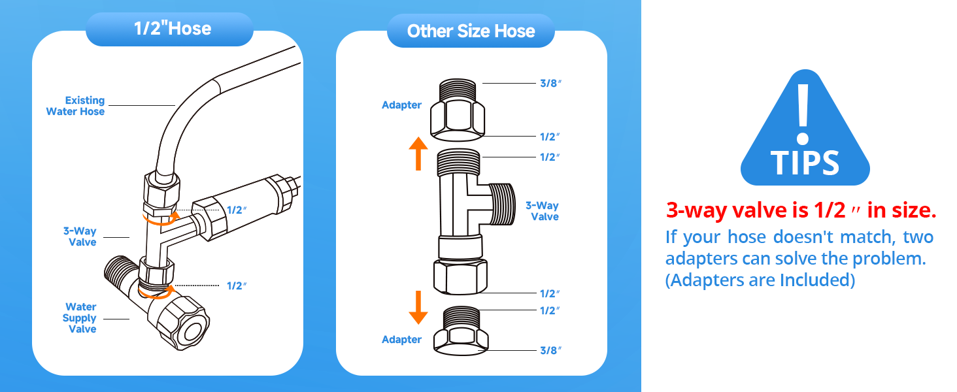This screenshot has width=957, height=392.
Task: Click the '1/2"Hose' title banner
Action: click(x=169, y=29)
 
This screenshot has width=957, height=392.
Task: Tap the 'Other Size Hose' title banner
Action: click(x=471, y=31)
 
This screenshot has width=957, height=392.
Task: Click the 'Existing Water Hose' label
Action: click(x=76, y=106)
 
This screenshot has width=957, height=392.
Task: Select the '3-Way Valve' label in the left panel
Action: click(x=80, y=237)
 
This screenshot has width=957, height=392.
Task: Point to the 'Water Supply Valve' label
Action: click(x=80, y=318)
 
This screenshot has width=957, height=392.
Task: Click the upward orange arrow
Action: click(x=418, y=154)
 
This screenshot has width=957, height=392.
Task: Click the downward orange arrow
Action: click(x=418, y=308)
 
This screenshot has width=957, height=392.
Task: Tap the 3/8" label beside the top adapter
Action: click(x=550, y=83)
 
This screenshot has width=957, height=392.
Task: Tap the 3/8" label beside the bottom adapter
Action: click(x=550, y=351)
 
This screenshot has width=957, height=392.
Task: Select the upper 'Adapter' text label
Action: click(x=401, y=105)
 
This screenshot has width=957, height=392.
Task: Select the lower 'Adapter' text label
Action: click(x=401, y=340)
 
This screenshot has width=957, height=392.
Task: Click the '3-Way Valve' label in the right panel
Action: click(x=542, y=211)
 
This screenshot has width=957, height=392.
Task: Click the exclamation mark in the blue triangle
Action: click(x=803, y=114)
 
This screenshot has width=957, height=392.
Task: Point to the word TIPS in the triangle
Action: click(x=805, y=163)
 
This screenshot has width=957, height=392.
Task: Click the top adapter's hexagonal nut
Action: click(x=457, y=121)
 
